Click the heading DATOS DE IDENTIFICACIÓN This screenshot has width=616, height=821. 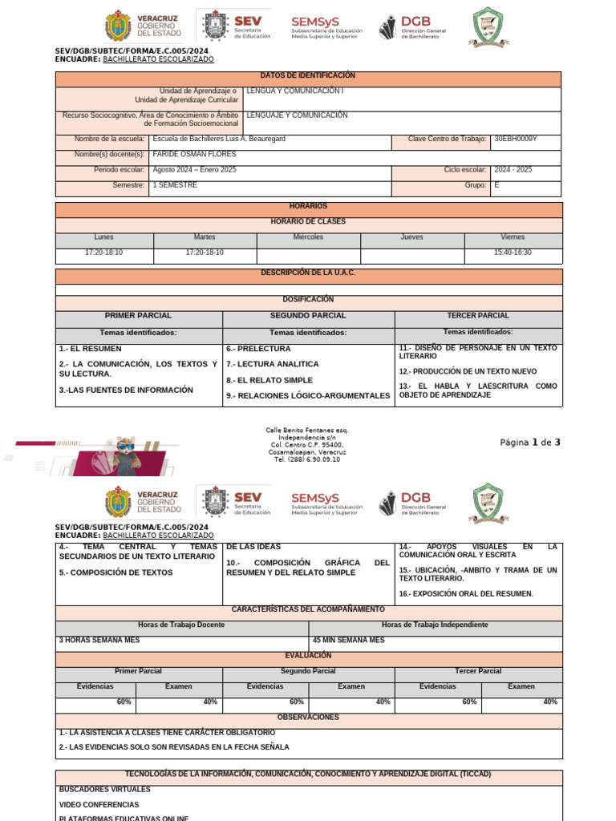pyautogui.click(x=308, y=75)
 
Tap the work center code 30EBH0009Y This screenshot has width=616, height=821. pyautogui.click(x=516, y=139)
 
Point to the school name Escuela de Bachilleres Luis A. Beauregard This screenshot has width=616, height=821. pyautogui.click(x=219, y=139)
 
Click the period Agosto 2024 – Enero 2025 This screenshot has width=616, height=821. pyautogui.click(x=194, y=170)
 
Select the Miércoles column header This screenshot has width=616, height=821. pyautogui.click(x=308, y=237)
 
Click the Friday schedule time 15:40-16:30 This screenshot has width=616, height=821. pyautogui.click(x=513, y=253)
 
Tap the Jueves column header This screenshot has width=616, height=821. pyautogui.click(x=411, y=237)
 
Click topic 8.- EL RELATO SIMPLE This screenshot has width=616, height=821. pyautogui.click(x=269, y=380)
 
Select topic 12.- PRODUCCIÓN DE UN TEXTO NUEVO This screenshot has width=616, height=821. pyautogui.click(x=468, y=371)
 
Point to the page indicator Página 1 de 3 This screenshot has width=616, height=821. pyautogui.click(x=529, y=443)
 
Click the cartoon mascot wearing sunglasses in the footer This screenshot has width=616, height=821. pyautogui.click(x=125, y=454)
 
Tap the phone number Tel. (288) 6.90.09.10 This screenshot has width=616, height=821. pyautogui.click(x=307, y=459)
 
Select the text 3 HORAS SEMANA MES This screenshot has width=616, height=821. pyautogui.click(x=99, y=640)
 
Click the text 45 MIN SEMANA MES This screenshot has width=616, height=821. pyautogui.click(x=348, y=640)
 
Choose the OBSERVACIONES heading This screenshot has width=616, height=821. pyautogui.click(x=308, y=718)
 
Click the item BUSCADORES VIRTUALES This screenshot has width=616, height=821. pyautogui.click(x=104, y=790)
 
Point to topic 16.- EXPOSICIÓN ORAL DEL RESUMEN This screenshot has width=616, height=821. pyautogui.click(x=465, y=594)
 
